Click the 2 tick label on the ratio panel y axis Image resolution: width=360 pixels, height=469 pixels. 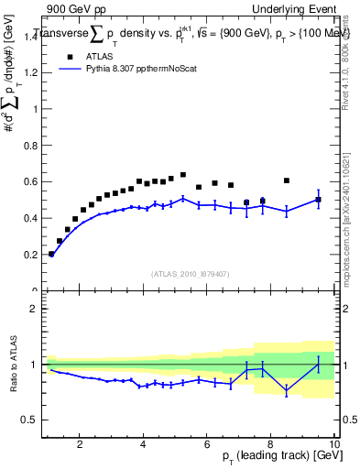33,309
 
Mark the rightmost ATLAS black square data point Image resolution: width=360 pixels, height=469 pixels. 318,199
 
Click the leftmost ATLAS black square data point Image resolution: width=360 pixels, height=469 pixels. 51,254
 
